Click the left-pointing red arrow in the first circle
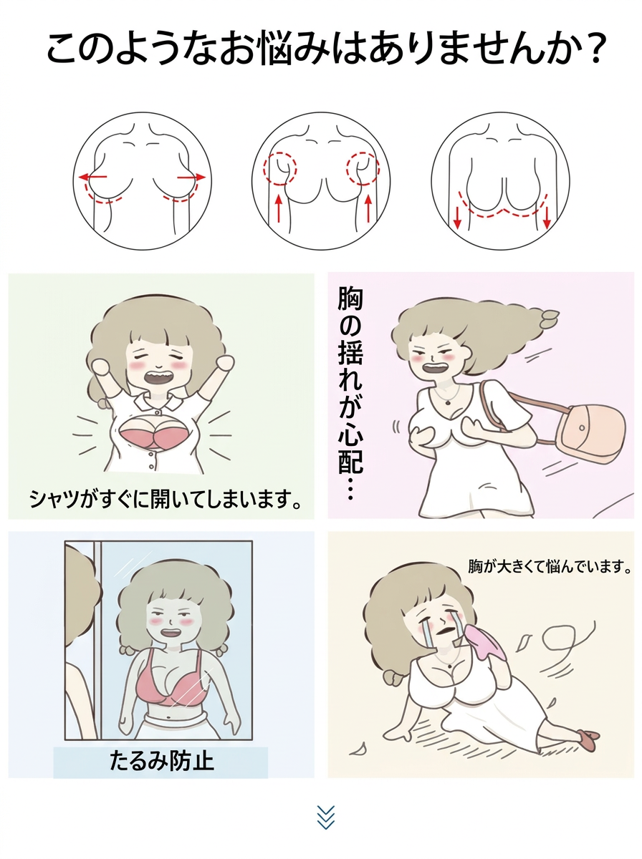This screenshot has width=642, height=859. (x=92, y=178)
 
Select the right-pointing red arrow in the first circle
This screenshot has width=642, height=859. (x=191, y=178)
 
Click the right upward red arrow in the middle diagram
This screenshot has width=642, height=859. (x=368, y=208)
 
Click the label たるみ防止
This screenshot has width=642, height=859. (x=161, y=762)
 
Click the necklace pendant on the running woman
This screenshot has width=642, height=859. (x=447, y=402)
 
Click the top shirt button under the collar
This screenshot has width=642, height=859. (x=158, y=412)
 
